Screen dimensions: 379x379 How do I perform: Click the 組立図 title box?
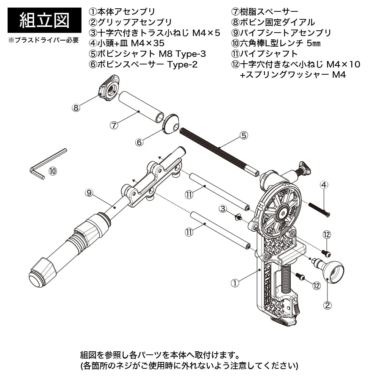(x=44, y=20)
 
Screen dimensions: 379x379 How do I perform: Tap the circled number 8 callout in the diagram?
(x=76, y=108)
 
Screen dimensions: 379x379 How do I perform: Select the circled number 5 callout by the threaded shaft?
(x=244, y=135)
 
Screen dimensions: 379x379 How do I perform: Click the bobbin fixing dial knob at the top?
(x=109, y=86)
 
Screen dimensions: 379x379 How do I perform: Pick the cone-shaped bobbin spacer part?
(x=170, y=124)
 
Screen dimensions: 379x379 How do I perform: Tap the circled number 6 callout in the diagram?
(x=139, y=142)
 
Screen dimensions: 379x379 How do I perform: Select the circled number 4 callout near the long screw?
(x=324, y=185)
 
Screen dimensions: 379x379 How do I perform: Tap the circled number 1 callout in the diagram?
(x=235, y=283)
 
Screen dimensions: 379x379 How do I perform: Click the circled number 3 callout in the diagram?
(x=224, y=208)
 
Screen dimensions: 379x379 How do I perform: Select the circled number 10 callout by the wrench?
(x=53, y=171)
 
